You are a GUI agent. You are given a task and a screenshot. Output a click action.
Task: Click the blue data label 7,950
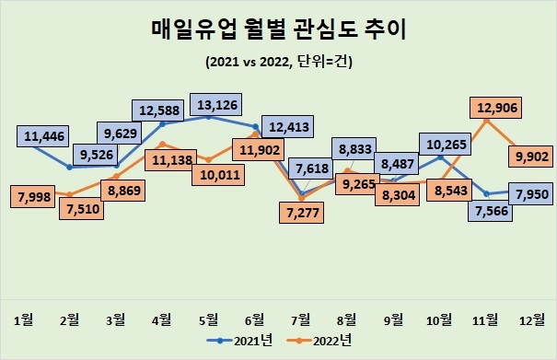coord(528,194)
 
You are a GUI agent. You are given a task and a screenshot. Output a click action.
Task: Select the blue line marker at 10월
coord(440,157)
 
